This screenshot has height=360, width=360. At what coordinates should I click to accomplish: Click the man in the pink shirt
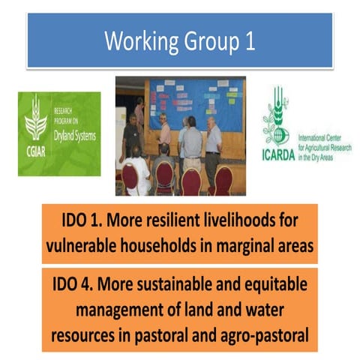point(164,135)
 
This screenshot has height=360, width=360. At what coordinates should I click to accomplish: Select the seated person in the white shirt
point(139,172)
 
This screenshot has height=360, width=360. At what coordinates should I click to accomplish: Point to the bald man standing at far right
point(214,142)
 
